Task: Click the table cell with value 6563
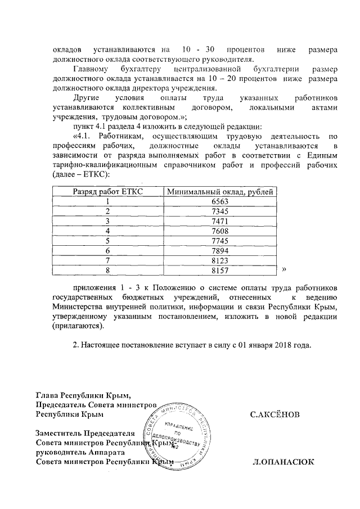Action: tap(221, 202)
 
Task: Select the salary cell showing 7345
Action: tap(221, 211)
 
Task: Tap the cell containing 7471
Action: tap(221, 221)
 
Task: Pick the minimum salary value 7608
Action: tap(221, 231)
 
